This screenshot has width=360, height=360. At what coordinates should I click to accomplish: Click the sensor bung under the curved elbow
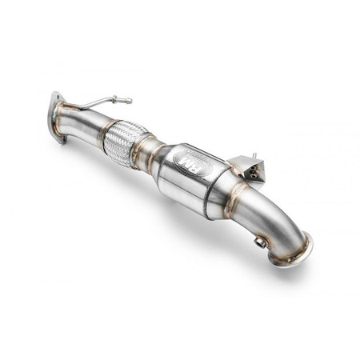[x=260, y=240]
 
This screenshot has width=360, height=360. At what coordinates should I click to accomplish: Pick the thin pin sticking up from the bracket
[x=254, y=157]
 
